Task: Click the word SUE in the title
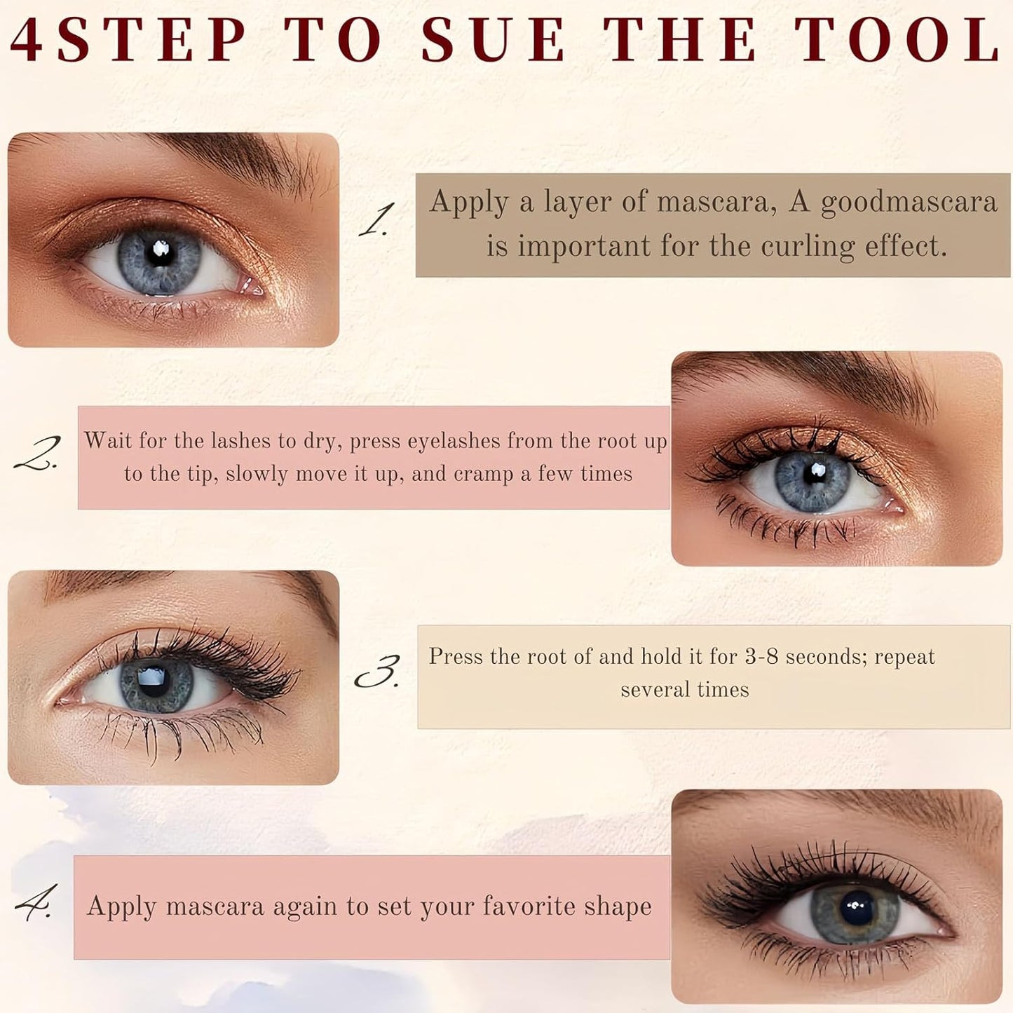click(493, 40)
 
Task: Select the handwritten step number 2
click(36, 453)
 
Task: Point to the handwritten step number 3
click(377, 672)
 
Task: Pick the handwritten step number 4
click(34, 903)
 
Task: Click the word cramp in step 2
click(483, 475)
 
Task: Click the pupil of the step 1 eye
click(158, 255)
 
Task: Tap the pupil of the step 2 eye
click(813, 475)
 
